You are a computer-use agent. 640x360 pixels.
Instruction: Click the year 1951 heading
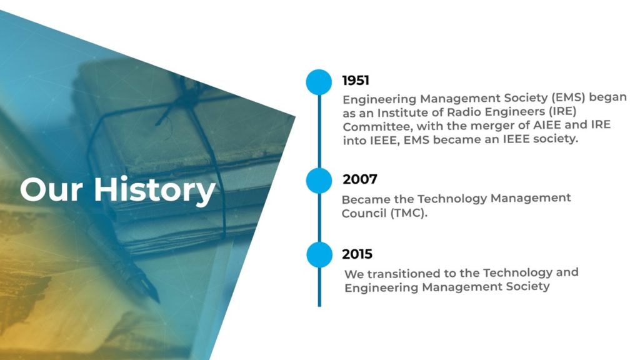point(356,81)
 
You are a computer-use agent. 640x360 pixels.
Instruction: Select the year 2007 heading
point(359,179)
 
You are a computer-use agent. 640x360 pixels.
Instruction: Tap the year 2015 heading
point(357,254)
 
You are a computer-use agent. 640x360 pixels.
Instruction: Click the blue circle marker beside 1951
point(319,82)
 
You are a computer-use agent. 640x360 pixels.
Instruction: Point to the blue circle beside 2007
point(319,181)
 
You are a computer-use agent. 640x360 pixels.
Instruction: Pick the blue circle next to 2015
point(319,255)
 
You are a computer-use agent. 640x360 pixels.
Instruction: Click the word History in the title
point(154,190)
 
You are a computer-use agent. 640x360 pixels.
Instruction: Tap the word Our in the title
point(51,190)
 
